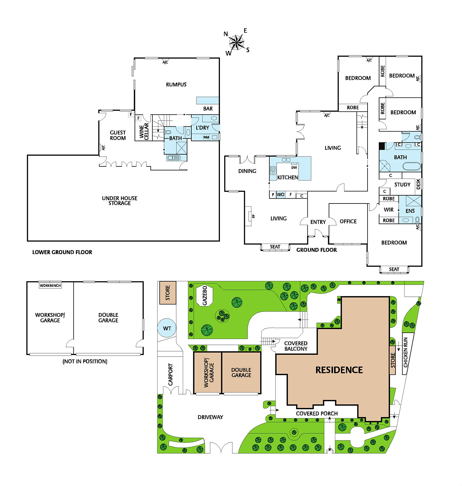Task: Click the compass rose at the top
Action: click(x=237, y=43)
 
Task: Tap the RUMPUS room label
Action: click(x=176, y=84)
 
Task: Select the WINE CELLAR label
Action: click(x=144, y=131)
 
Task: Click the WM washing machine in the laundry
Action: click(x=206, y=137)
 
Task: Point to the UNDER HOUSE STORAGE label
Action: click(x=120, y=200)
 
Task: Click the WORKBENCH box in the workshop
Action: click(x=50, y=286)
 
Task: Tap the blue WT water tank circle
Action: click(x=167, y=328)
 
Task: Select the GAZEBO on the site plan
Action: click(x=205, y=295)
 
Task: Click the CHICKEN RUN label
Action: click(x=406, y=352)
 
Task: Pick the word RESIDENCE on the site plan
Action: click(x=339, y=370)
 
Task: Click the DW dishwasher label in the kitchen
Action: click(x=294, y=167)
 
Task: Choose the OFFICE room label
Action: click(x=348, y=221)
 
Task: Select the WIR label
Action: click(x=388, y=210)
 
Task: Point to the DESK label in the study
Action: click(x=418, y=184)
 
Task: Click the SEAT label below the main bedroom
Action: click(x=394, y=269)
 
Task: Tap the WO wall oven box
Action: click(x=280, y=195)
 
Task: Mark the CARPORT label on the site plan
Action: click(x=170, y=375)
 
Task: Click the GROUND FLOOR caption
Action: click(x=317, y=250)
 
